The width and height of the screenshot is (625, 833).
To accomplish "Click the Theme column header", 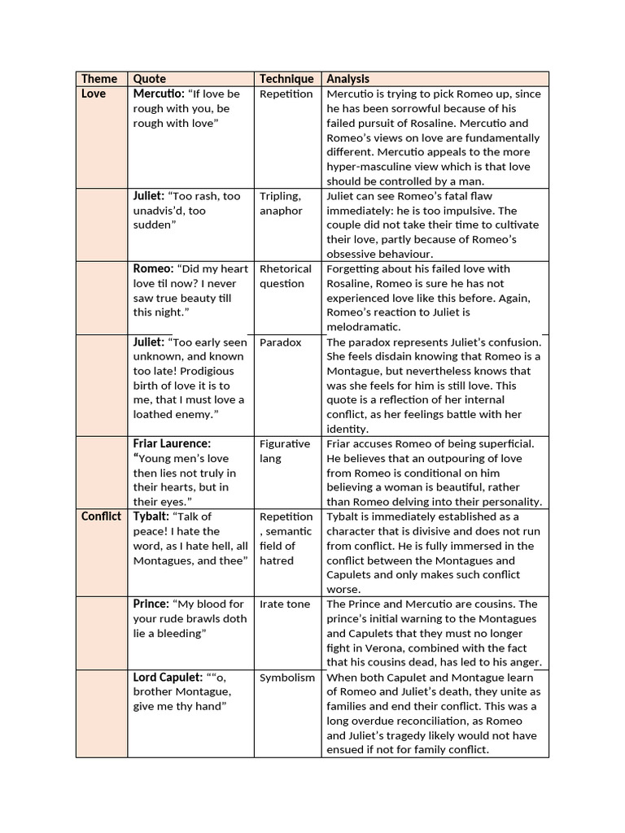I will point(98,79).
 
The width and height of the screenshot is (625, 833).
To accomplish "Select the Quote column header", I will point(149,79).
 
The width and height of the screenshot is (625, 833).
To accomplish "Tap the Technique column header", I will point(286,79).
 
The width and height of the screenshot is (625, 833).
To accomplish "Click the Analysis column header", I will point(347,79).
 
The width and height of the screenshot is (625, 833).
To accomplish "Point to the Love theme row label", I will point(94,94).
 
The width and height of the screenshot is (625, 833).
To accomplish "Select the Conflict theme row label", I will point(101,517).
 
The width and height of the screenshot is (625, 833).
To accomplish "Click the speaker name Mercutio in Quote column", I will point(158,94).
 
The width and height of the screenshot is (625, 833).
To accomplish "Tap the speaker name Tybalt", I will point(151,517).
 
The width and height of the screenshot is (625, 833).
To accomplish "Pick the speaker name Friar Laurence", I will point(171,444).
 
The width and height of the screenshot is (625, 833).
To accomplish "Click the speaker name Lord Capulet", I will point(167,678).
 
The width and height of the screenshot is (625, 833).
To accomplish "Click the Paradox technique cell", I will point(280,342).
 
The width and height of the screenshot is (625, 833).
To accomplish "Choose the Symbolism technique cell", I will point(286,678).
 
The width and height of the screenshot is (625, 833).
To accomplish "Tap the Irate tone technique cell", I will point(285,604).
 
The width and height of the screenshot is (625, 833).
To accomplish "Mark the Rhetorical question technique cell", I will point(285,277).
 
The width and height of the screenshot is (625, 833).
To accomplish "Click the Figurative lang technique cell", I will point(285,451).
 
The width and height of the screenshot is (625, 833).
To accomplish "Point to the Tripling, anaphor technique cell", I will point(281,203).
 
